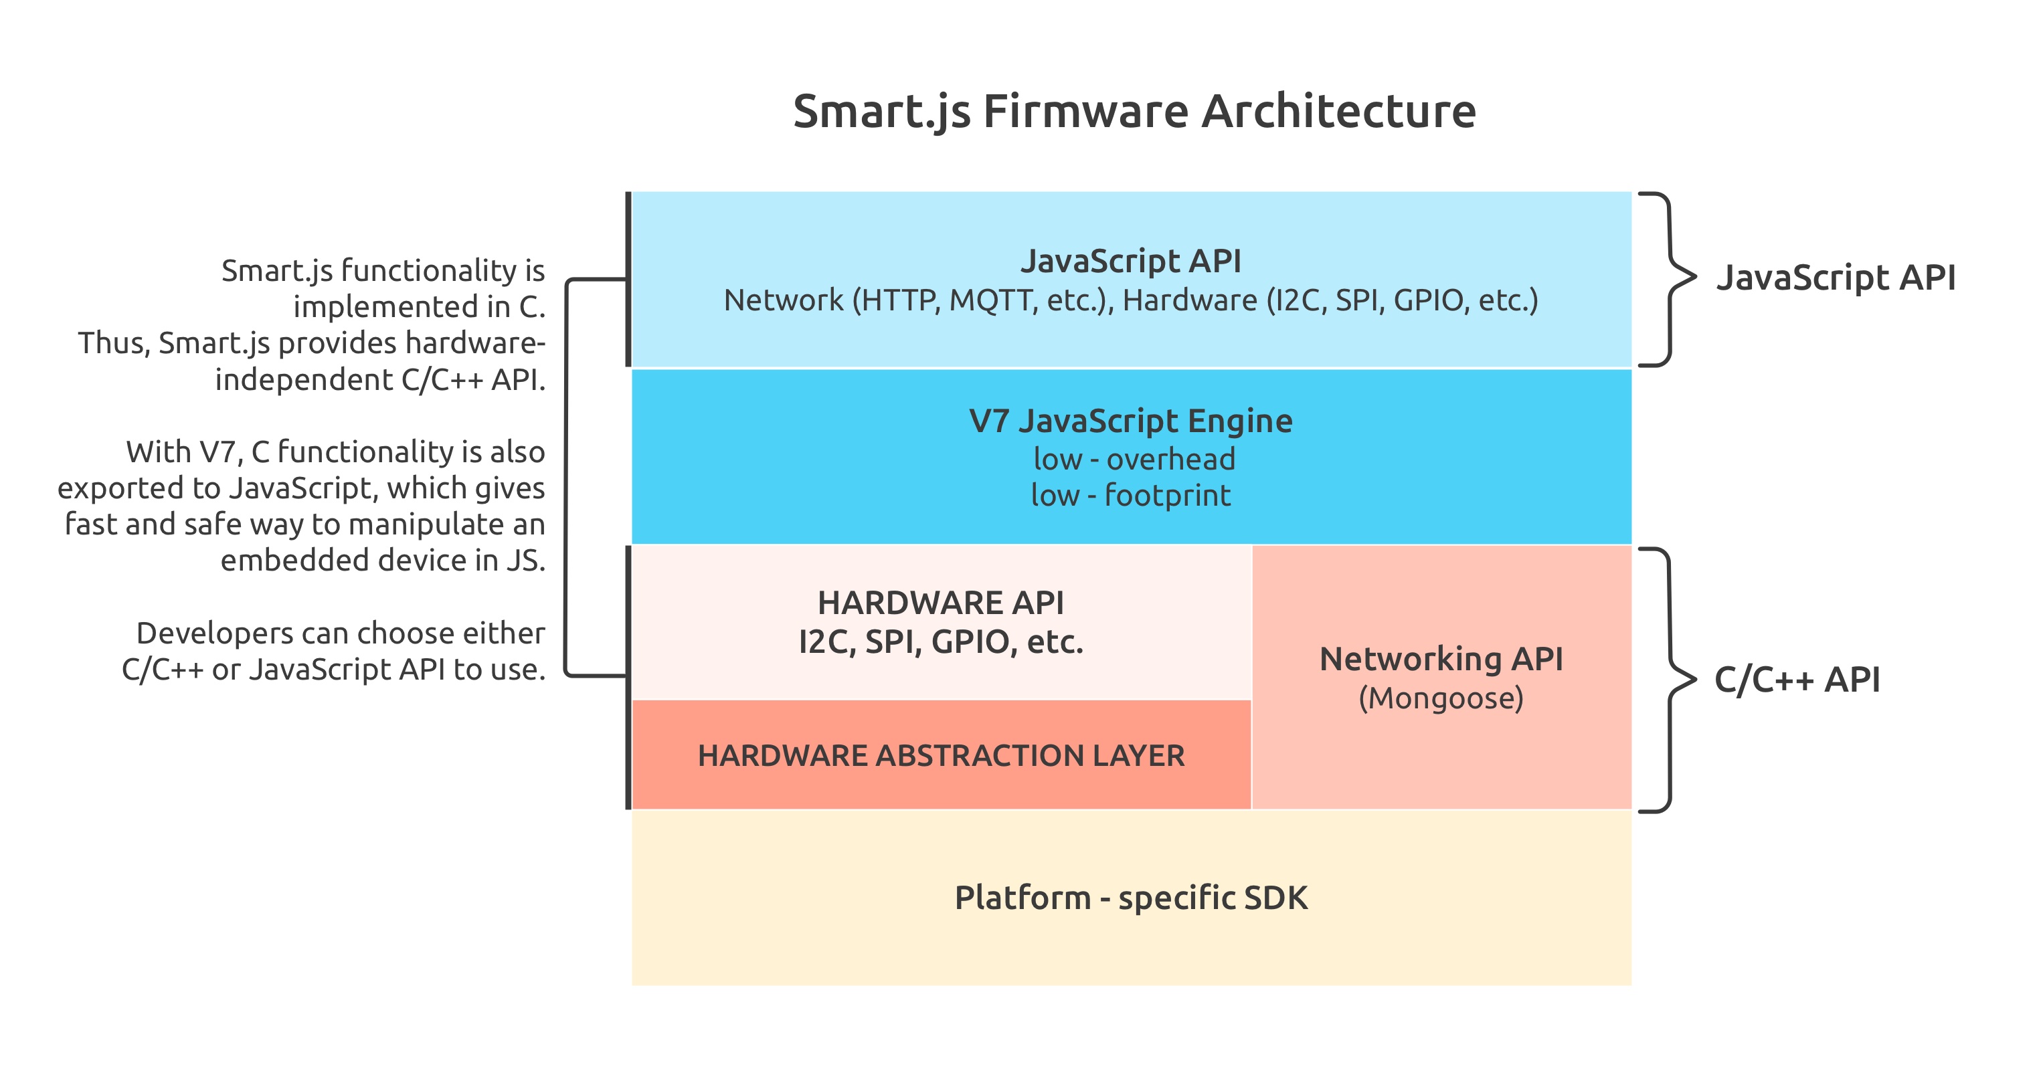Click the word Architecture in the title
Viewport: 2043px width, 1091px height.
tap(1339, 111)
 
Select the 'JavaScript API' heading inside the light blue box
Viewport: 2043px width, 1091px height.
tap(1131, 261)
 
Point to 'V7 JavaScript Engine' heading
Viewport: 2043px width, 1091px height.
tap(1131, 421)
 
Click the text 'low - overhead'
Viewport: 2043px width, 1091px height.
tap(1134, 459)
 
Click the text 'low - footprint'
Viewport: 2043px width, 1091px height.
tap(1131, 496)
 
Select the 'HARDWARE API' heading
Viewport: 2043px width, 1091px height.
tap(941, 603)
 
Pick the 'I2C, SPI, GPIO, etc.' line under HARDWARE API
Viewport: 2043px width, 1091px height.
tap(941, 641)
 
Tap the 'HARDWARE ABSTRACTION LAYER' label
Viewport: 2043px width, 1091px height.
tap(941, 756)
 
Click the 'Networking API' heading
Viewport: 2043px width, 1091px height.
tap(1441, 659)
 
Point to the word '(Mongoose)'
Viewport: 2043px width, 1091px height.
tap(1441, 698)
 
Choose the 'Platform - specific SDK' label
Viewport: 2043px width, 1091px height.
tap(1131, 898)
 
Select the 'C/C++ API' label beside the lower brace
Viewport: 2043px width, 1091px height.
tap(1797, 680)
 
